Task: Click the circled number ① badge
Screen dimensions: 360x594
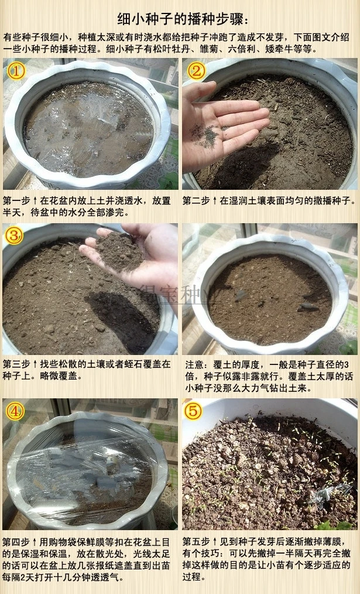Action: tap(16, 71)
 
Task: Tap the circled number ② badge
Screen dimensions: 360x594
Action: tap(196, 71)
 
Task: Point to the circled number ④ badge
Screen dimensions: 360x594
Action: tap(15, 411)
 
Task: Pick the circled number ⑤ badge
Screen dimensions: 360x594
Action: tap(193, 411)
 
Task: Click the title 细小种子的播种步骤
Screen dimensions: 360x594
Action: tap(181, 19)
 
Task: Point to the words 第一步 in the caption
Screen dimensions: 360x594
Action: tap(16, 201)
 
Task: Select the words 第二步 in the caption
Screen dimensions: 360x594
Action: tap(196, 201)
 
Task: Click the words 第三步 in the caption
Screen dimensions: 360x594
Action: tap(16, 364)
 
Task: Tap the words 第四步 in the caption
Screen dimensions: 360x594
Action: tap(16, 542)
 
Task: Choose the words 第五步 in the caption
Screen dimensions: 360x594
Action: tap(196, 542)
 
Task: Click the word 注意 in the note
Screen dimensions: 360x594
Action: tap(194, 364)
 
